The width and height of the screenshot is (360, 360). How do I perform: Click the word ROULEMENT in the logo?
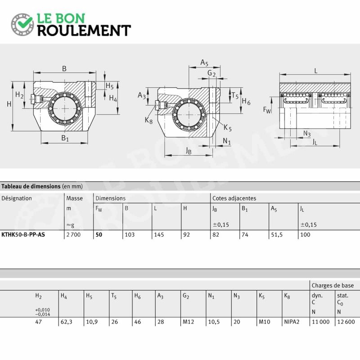[84, 31]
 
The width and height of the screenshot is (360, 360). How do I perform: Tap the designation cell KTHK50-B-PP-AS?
[23, 234]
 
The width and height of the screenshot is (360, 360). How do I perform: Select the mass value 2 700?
[73, 234]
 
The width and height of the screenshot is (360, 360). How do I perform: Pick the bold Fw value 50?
[99, 234]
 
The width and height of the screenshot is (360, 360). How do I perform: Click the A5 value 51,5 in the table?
[277, 235]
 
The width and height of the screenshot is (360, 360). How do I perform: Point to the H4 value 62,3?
[66, 322]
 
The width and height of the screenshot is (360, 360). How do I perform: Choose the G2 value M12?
[188, 322]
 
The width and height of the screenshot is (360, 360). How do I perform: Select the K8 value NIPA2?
[292, 322]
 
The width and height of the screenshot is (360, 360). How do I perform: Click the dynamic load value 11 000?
[320, 322]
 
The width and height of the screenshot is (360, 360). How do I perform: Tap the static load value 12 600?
[346, 322]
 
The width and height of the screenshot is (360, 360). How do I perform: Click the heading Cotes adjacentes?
[234, 198]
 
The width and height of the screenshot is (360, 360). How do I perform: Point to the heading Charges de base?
[333, 285]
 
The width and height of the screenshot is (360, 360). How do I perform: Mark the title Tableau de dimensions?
[31, 186]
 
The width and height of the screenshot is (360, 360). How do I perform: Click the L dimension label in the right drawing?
[316, 71]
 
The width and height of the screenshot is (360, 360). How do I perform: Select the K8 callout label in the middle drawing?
[148, 120]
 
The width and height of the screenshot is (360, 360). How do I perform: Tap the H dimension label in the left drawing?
[9, 104]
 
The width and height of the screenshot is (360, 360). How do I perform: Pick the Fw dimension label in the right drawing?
[267, 110]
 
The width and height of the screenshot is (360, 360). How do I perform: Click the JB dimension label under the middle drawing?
[189, 151]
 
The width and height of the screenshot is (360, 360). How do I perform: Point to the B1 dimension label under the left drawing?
[65, 138]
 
